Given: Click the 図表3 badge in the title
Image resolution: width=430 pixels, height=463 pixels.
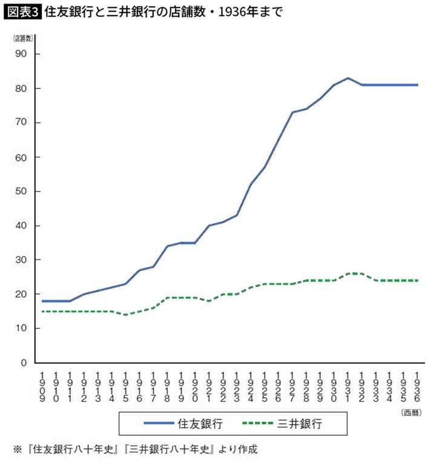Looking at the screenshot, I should pos(23,12).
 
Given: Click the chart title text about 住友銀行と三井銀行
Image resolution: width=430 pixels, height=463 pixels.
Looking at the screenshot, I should pos(163,12).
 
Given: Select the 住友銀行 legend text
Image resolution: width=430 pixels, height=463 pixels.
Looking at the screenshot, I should pos(205,424).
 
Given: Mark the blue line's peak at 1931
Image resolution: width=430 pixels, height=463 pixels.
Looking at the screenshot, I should pos(348,78).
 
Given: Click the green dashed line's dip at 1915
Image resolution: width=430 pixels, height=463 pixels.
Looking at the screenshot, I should pos(125,315).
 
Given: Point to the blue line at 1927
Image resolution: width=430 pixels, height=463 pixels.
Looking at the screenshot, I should pos(292,112).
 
